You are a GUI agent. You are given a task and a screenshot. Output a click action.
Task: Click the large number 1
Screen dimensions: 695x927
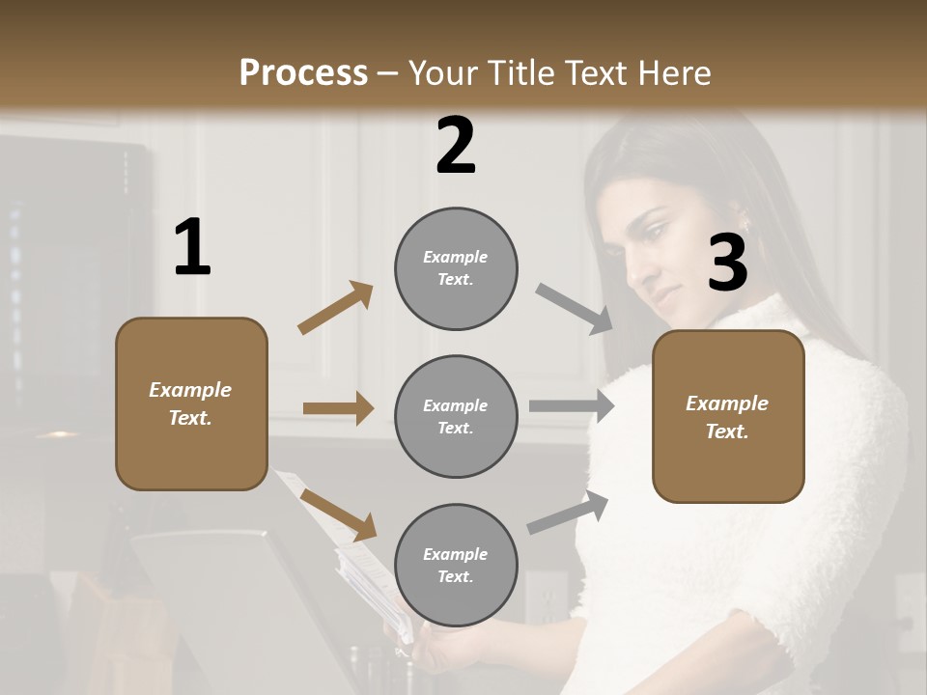coord(192,248)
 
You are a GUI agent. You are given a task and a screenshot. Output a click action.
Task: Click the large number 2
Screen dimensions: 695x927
coord(456,146)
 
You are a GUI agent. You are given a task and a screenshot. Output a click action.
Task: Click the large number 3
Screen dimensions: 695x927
coord(727,264)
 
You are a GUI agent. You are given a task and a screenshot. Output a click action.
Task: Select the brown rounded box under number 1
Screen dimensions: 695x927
coord(191,403)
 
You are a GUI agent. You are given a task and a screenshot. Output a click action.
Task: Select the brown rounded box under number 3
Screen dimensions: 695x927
coord(728,416)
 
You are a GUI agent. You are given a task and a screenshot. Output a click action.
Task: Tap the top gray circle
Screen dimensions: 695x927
coord(456,268)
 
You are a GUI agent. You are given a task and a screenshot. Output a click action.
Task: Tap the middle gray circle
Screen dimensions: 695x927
coord(456,416)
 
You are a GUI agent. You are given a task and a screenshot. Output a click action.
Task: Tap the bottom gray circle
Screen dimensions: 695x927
coord(456,565)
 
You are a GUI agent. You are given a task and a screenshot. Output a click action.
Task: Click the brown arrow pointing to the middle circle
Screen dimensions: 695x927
coord(338,408)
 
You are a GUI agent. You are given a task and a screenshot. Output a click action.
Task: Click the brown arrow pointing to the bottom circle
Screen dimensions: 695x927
coord(338,514)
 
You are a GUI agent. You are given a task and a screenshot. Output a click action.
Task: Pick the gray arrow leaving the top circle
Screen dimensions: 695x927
coord(576,309)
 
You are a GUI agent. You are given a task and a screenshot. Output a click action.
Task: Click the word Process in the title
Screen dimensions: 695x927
coord(303,72)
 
